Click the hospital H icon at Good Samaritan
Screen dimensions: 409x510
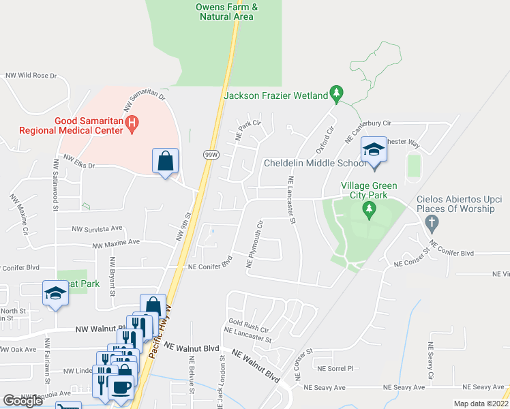pyautogui.click(x=133, y=123)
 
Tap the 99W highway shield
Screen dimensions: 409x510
pyautogui.click(x=211, y=155)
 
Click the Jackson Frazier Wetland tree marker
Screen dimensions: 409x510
pyautogui.click(x=335, y=91)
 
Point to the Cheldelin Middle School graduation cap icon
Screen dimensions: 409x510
pyautogui.click(x=374, y=148)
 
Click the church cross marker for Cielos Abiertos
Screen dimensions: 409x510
pyautogui.click(x=431, y=223)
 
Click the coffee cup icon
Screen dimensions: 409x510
pyautogui.click(x=121, y=387)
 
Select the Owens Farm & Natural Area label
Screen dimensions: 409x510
pyautogui.click(x=226, y=12)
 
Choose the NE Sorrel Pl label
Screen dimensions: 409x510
pyautogui.click(x=336, y=368)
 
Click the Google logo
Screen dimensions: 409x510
pyautogui.click(x=23, y=401)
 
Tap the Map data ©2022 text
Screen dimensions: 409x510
pyautogui.click(x=480, y=404)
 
